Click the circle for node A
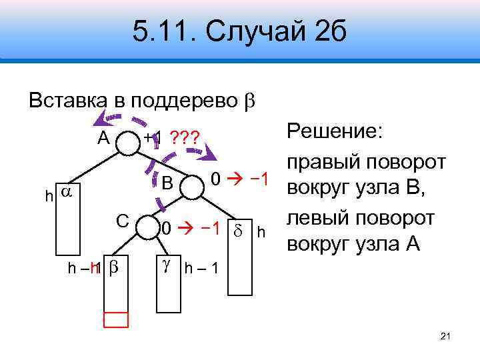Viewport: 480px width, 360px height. tap(127, 141)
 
